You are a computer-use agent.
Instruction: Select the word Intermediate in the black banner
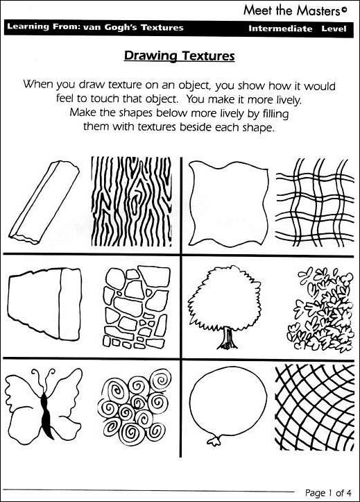point(279,28)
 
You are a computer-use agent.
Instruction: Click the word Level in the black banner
point(334,28)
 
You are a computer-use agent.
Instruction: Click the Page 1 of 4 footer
point(329,492)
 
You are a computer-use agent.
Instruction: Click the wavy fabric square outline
point(223,201)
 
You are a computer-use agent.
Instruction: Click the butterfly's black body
point(46,410)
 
